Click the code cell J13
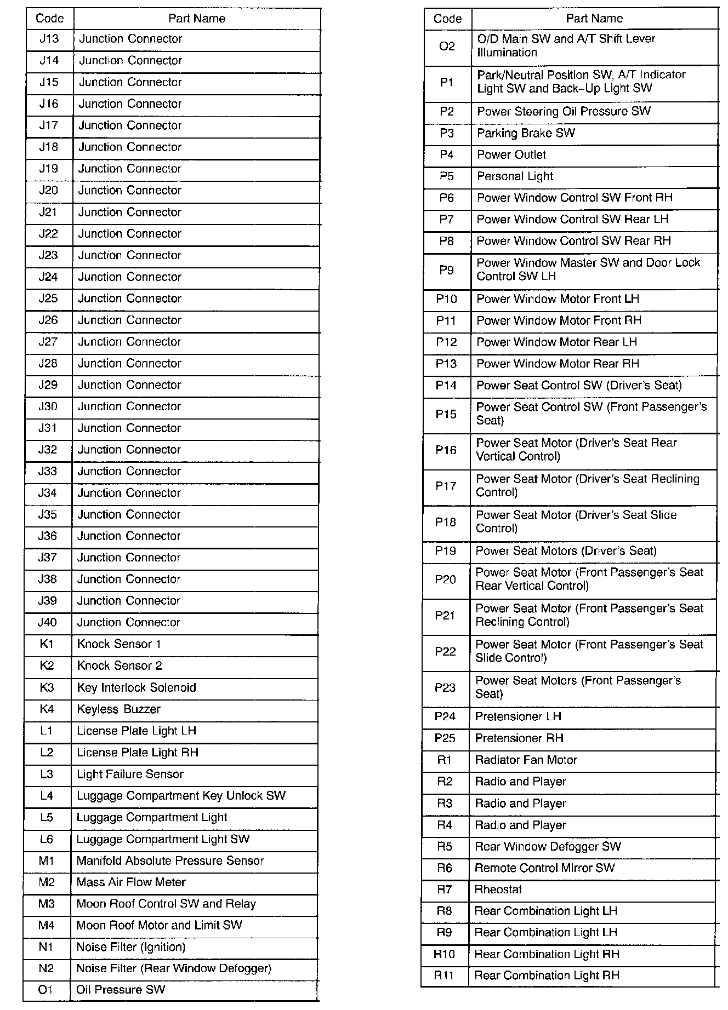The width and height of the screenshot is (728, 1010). coord(49,39)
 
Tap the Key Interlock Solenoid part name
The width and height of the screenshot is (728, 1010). coord(136,688)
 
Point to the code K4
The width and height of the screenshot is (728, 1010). coord(47,709)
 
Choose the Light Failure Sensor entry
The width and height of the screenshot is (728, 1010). coord(130,774)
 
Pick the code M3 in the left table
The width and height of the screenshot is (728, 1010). coord(47,904)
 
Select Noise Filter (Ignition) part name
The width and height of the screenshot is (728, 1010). coord(130,947)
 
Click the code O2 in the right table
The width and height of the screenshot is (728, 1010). coord(447,46)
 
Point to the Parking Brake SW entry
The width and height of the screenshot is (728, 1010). coord(526,133)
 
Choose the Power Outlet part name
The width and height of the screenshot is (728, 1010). coord(511,155)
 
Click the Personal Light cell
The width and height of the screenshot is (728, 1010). coord(515,176)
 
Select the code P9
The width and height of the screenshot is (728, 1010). coord(446,270)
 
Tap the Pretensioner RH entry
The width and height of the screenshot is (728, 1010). coord(519,738)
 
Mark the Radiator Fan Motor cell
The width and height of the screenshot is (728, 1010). coord(526,760)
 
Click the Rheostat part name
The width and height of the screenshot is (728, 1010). coord(498,890)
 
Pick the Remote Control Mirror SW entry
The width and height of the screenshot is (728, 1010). coord(544,868)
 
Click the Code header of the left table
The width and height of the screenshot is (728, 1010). coord(50,19)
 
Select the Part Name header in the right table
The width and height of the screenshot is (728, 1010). coord(594,19)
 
